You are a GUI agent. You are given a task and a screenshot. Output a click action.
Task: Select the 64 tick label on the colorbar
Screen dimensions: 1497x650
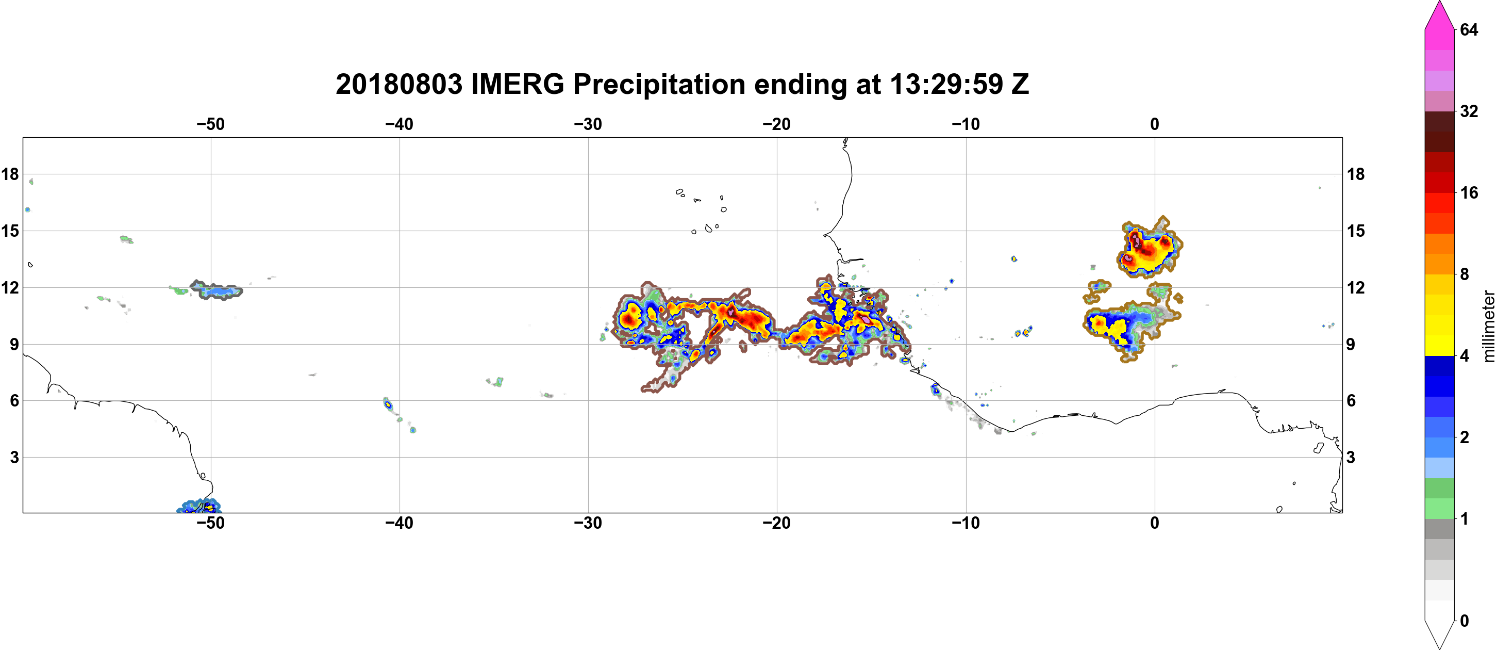(1469, 29)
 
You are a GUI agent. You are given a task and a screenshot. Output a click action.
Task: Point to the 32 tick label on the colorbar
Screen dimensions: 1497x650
(1469, 111)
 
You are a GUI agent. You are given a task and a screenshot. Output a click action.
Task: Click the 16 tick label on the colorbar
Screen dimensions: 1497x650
(1469, 193)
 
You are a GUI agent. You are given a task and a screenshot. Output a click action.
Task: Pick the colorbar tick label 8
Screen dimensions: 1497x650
(1465, 274)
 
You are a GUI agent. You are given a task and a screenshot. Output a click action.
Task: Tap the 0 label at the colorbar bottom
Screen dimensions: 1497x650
(1465, 621)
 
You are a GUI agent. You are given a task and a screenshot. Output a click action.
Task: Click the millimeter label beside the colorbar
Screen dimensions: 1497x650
(1488, 326)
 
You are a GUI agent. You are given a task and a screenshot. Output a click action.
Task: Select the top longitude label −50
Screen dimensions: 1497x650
(210, 124)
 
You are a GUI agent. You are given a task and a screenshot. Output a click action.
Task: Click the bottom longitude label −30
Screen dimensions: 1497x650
(588, 523)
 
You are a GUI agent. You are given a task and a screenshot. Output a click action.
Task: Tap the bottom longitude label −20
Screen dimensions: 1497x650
(777, 523)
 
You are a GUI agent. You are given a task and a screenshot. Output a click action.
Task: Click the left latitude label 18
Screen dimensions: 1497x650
(10, 174)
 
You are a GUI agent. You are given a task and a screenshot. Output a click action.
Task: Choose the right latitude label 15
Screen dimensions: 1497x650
(1356, 231)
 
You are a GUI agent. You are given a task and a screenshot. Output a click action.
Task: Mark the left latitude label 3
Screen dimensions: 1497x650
(14, 458)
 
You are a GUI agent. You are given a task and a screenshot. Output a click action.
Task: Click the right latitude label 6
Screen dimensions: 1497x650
(1351, 401)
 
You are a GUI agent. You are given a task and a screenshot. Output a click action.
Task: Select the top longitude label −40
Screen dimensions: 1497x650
(399, 124)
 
